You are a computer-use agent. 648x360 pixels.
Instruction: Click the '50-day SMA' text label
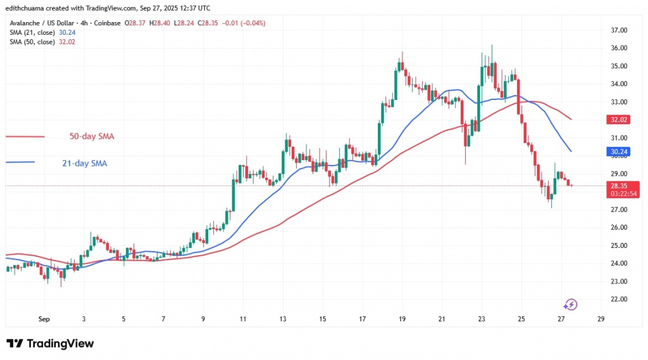92,136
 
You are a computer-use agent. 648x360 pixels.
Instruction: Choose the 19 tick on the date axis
402,320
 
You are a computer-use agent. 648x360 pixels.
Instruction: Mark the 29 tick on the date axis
601,320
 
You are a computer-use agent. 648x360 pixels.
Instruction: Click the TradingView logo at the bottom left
50,344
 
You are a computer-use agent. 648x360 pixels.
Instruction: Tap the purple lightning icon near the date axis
571,305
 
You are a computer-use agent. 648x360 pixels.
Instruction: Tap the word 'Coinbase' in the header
106,23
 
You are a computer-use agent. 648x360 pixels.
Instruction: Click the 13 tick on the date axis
282,320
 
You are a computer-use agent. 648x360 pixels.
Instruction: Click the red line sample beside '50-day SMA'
25,136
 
